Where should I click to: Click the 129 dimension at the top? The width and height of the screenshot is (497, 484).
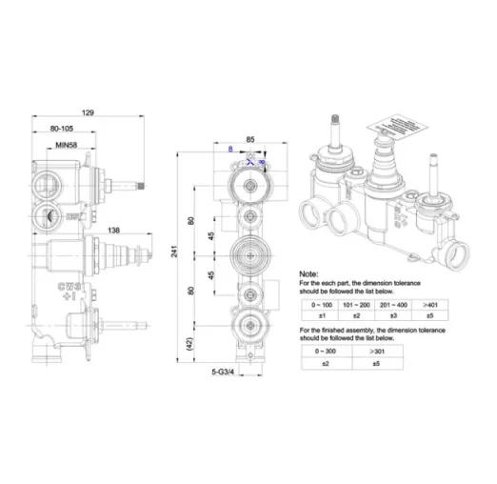[x=89, y=112]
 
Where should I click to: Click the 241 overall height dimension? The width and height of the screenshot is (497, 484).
[x=176, y=250]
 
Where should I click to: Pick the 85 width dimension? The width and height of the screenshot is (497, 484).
[x=249, y=139]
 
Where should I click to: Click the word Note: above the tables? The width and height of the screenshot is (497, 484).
[x=310, y=272]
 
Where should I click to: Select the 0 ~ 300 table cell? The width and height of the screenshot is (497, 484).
[x=330, y=351]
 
